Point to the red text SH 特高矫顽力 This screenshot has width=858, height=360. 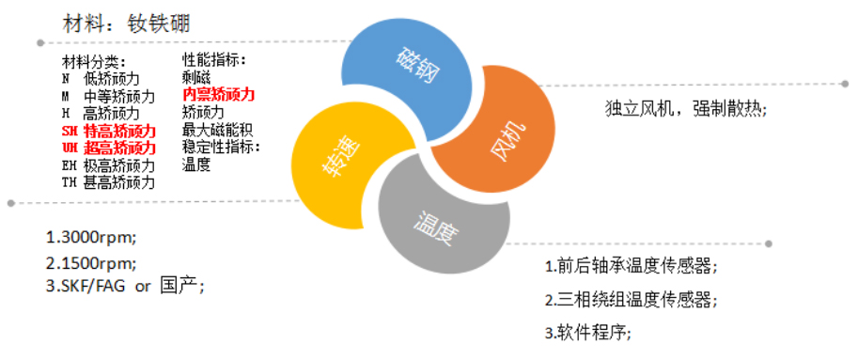click(108, 131)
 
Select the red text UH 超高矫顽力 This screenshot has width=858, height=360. click(108, 148)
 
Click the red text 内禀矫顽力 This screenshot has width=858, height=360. click(218, 95)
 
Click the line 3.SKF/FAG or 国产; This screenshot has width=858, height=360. click(125, 286)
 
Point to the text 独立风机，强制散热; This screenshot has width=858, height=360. click(686, 108)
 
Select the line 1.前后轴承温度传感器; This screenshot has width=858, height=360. click(632, 266)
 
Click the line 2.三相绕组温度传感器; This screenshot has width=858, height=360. click(632, 300)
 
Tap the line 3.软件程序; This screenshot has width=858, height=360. click(588, 333)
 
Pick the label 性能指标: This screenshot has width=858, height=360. click(214, 60)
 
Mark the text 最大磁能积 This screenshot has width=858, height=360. click(217, 130)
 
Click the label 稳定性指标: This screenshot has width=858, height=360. click(221, 147)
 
